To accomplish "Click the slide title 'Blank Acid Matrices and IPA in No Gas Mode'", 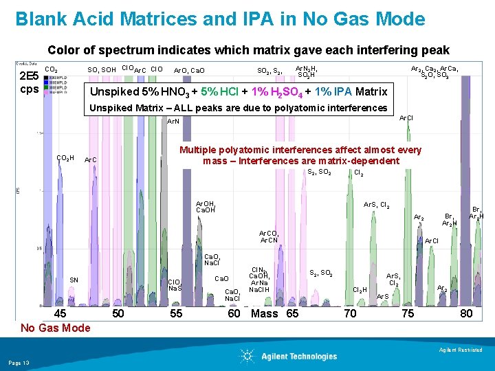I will [x=220, y=19].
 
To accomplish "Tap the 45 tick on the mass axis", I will [x=60, y=313].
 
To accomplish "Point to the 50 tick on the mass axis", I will [x=118, y=313].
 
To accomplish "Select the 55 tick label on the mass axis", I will [x=176, y=313].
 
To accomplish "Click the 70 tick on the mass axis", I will [x=349, y=313].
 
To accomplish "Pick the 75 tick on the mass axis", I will [x=408, y=313].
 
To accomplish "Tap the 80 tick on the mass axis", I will [x=466, y=313].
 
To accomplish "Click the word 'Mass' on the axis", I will [x=265, y=313].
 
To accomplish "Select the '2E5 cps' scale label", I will [x=30, y=82].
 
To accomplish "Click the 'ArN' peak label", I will [x=173, y=122].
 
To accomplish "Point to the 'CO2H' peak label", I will [x=65, y=159].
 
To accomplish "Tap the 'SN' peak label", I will [x=74, y=280].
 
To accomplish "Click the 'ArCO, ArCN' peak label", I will [x=269, y=236].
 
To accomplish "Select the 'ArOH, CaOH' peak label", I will [x=206, y=207].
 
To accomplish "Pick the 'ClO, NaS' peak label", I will [x=175, y=284].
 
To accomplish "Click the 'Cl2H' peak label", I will [x=360, y=290].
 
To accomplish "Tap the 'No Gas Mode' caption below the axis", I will [x=55, y=328].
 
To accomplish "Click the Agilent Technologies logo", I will [x=288, y=356].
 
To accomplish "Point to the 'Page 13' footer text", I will [x=19, y=362].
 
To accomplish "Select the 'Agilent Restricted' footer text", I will [x=463, y=350].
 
